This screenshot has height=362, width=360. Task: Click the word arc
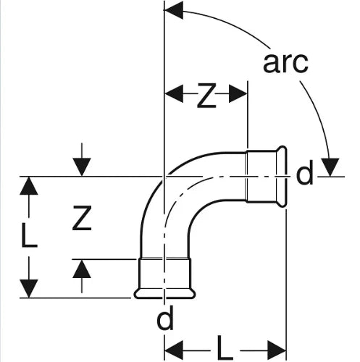pos(285,62)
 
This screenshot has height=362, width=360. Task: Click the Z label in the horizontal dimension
pos(206,95)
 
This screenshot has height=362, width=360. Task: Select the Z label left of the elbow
pos(82,218)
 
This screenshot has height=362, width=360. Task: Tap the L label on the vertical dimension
pos(29,235)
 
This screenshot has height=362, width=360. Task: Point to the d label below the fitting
pos(165,318)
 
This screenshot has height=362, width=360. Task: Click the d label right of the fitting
pos(305,172)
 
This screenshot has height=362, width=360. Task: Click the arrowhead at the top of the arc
pos(173,10)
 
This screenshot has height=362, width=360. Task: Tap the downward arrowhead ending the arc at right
pos(330,167)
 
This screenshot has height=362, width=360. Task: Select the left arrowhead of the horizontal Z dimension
pos(174,93)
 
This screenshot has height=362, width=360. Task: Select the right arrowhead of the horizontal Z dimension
pos(238,93)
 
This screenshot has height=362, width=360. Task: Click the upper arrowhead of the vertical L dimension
pos(29,185)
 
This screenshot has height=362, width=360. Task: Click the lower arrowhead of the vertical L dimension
pos(29,289)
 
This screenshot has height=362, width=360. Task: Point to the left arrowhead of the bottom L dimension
pos(174,350)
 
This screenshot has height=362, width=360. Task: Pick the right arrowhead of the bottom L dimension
pos(277,350)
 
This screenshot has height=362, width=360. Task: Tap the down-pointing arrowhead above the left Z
pos(82,167)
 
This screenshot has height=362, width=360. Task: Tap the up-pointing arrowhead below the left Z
pos(82,269)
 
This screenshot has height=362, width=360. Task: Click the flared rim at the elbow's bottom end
pos(165,293)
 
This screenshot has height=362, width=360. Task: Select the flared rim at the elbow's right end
pos(282,177)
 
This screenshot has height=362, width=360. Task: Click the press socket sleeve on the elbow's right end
pos(261,177)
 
